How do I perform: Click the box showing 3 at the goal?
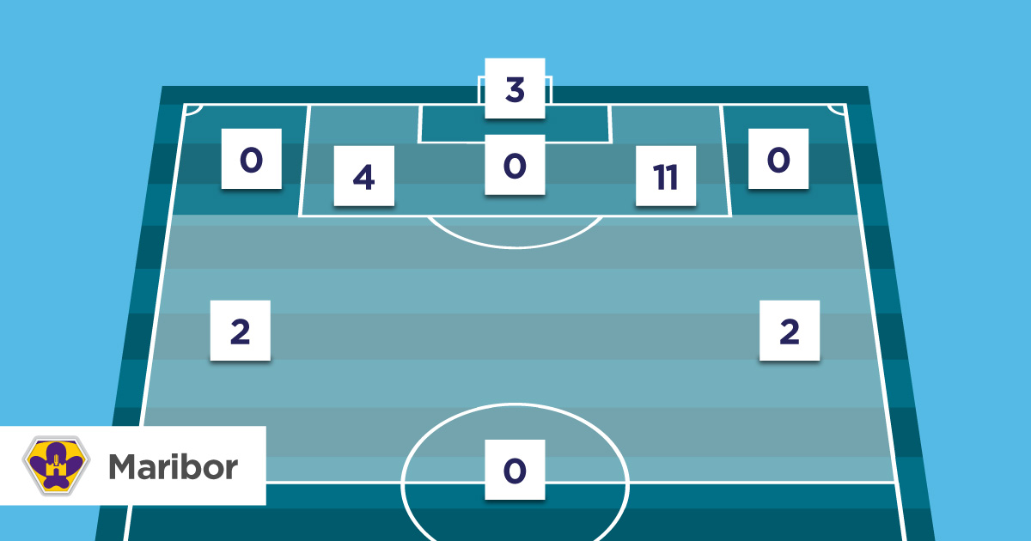[x=515, y=88]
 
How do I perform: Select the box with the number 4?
[x=364, y=176]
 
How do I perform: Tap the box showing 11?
[x=665, y=176]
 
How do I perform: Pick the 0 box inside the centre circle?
[x=515, y=469]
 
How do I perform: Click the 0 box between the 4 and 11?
[x=515, y=164]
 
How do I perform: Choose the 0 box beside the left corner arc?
[x=252, y=159]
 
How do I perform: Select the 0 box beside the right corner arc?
[x=778, y=159]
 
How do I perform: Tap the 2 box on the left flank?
[x=241, y=331]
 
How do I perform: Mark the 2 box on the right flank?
[x=790, y=331]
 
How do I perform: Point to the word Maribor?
[x=173, y=466]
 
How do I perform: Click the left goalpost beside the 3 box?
[x=480, y=90]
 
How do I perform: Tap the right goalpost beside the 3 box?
[x=550, y=90]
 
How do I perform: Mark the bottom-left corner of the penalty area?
[x=300, y=216]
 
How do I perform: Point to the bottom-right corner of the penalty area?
[x=731, y=216]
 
